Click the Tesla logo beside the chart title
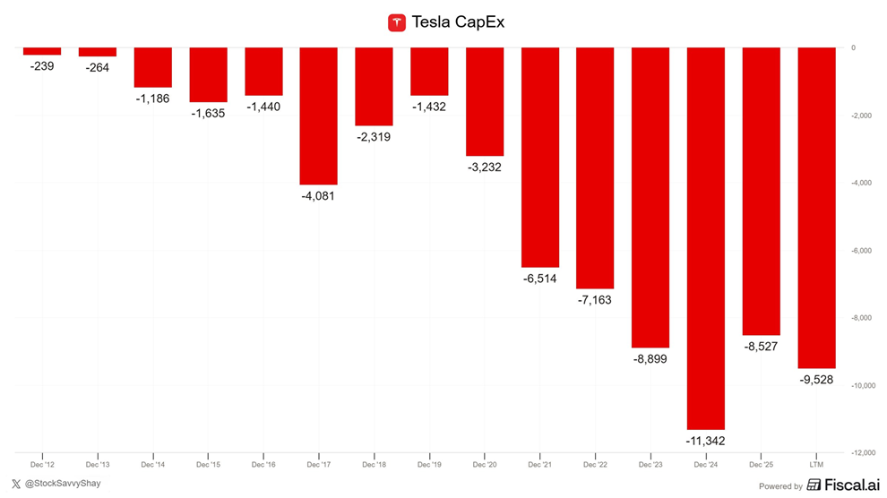coord(397,22)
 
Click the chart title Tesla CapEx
coord(457,22)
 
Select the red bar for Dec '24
coord(706,238)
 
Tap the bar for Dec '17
coord(318,116)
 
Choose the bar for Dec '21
coord(539,158)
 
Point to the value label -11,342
coord(706,441)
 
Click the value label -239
coord(42,65)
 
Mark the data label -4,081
coord(318,195)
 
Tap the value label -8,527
coord(762,346)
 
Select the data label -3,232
coord(485,167)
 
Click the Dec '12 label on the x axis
coord(42,466)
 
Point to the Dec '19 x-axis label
coord(429,466)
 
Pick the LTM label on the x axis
coord(816,466)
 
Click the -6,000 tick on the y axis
coord(861,251)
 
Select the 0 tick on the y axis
coord(853,48)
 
